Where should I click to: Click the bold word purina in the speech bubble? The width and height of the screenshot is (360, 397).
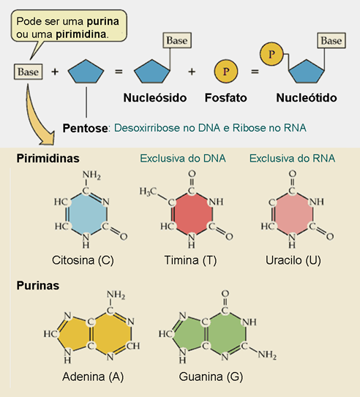point(103,22)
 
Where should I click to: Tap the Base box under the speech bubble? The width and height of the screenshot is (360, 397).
point(28,72)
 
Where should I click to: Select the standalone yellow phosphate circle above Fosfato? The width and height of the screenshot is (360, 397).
point(226,71)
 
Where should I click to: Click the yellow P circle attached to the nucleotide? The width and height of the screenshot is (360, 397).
point(271,54)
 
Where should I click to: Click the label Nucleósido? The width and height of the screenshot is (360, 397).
point(155,98)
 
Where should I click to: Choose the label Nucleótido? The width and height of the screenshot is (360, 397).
point(307,98)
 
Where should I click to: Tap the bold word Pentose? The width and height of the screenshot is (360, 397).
point(86,128)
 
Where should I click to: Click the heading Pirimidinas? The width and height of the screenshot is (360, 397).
point(48,159)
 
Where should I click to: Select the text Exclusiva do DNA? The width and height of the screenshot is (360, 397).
point(183,159)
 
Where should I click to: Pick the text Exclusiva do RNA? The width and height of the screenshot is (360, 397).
point(293,159)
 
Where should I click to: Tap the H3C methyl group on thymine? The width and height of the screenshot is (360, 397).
point(149,192)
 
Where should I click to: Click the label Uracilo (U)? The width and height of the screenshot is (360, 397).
point(293,260)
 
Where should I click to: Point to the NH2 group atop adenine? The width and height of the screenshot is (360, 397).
point(116,295)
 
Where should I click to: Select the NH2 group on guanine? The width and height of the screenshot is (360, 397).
point(267,355)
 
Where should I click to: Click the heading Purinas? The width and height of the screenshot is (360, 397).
point(38,286)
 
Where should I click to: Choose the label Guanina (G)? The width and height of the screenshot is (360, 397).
point(211,377)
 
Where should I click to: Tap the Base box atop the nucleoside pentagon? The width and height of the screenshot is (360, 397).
point(177,40)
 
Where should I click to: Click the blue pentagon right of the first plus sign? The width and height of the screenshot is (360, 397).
point(86,72)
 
